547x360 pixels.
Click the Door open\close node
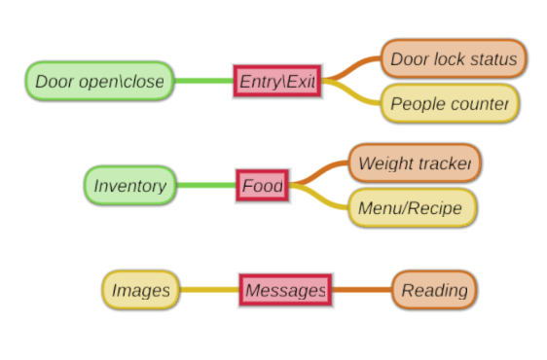coord(99,82)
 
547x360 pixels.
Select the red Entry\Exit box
coord(276,82)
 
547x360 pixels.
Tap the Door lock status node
coord(453,59)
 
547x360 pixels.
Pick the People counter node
coord(449,104)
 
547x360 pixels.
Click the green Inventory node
coord(129,186)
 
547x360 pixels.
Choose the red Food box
coord(262,186)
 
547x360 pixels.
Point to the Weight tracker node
coord(414,163)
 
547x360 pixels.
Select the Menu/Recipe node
coord(412,208)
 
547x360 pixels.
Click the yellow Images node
coord(141,290)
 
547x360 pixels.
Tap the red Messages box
coord(284,290)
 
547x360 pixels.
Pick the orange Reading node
coord(434,290)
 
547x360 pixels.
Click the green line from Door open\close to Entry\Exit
coord(203,82)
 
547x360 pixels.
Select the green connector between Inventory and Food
coord(206,186)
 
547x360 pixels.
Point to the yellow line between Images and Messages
coord(209,290)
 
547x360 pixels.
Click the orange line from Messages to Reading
coord(361,290)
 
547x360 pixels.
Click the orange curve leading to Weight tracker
coord(321,170)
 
